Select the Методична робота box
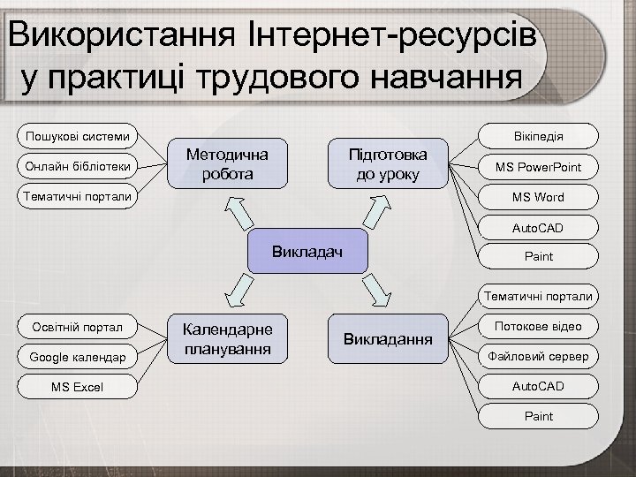[227, 163]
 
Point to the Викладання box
[390, 338]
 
